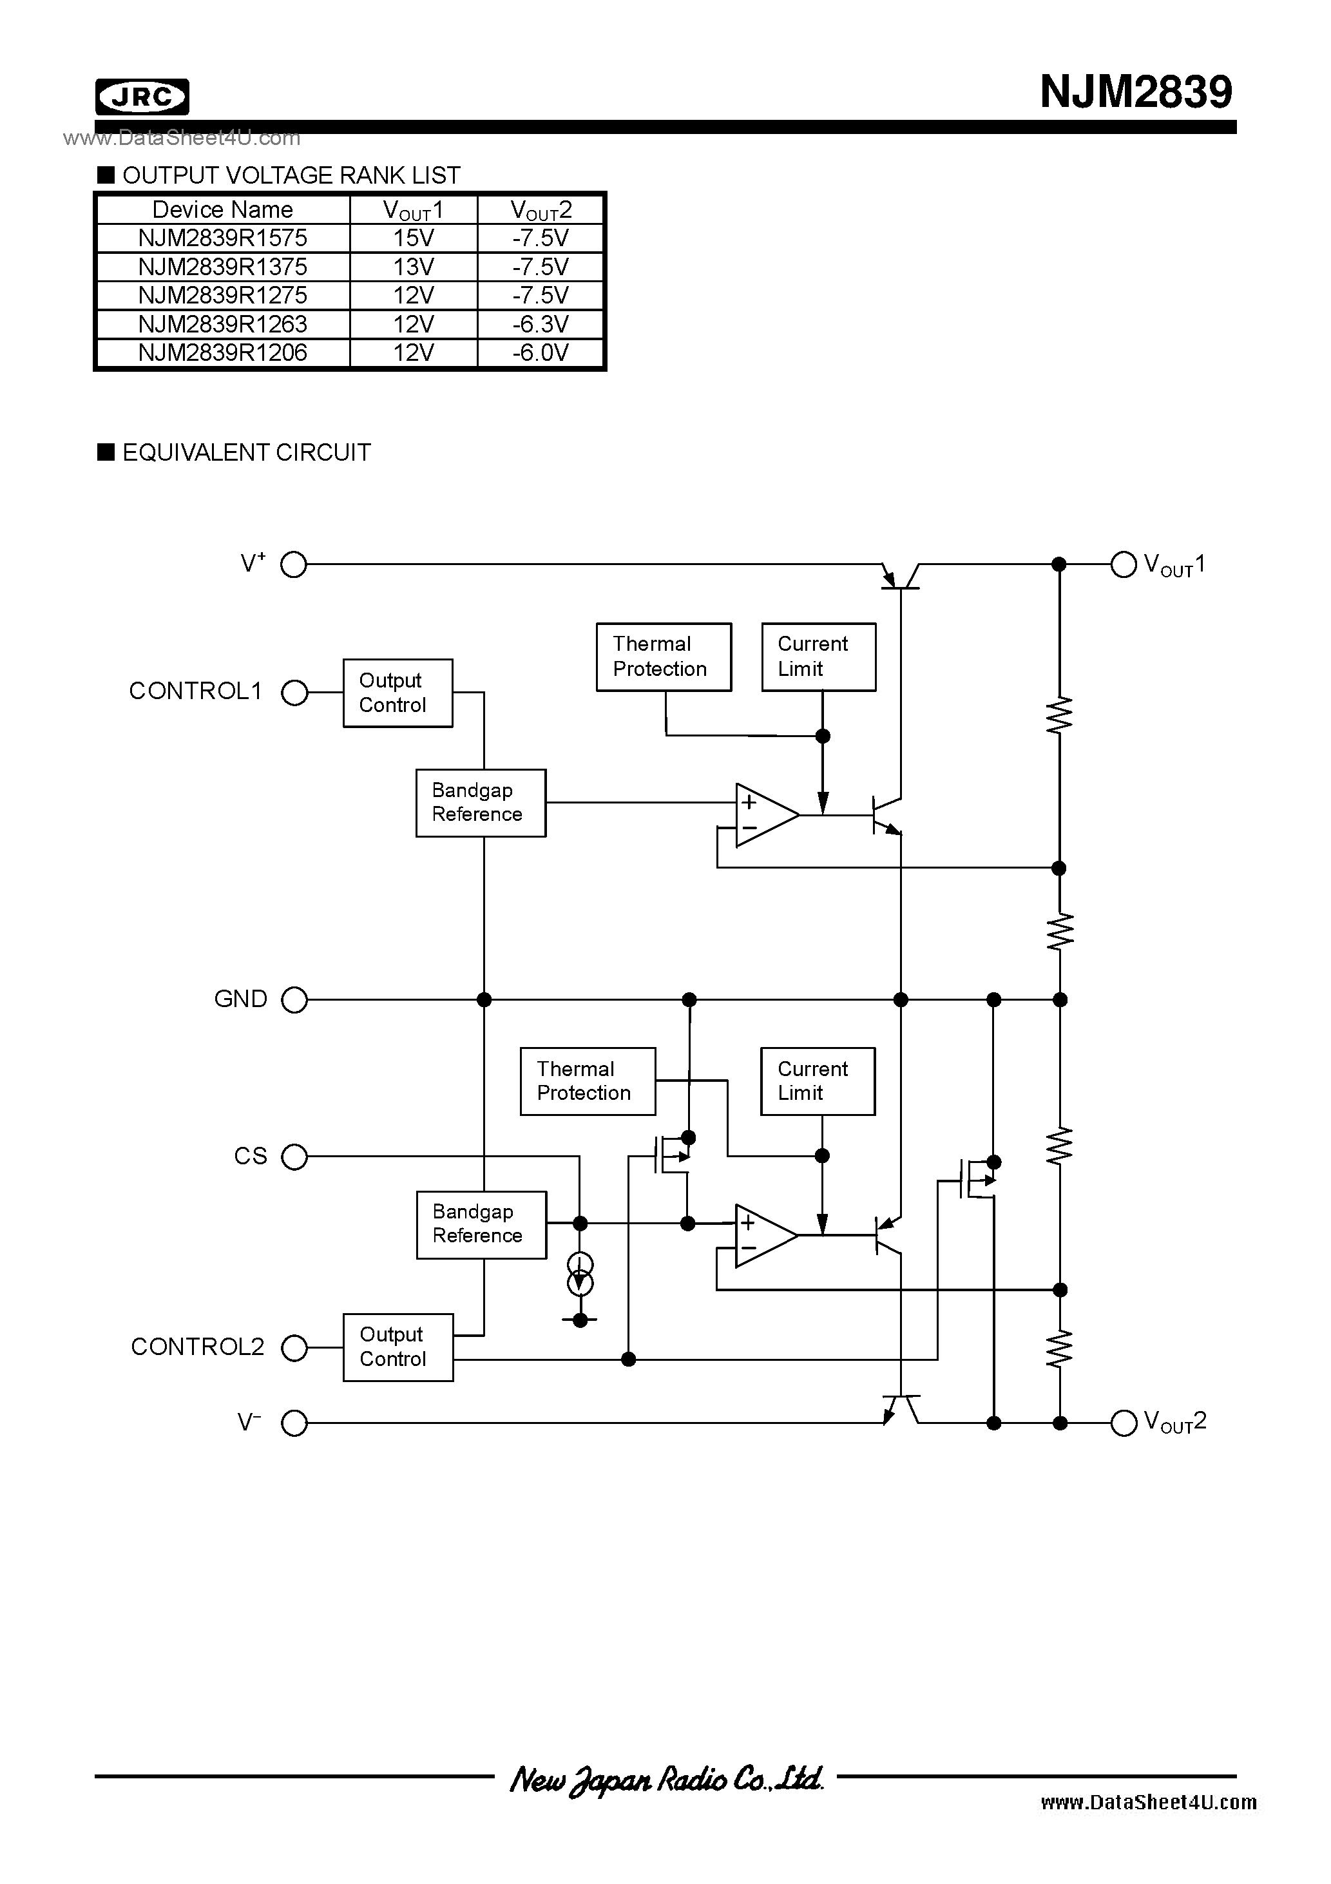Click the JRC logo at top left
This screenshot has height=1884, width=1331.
pyautogui.click(x=142, y=97)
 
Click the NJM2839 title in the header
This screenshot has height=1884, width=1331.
pyautogui.click(x=1135, y=92)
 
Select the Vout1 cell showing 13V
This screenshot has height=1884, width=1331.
pyautogui.click(x=413, y=267)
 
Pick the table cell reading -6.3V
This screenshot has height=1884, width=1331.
pyautogui.click(x=540, y=324)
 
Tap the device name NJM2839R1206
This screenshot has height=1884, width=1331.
pyautogui.click(x=222, y=353)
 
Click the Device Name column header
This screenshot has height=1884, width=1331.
pyautogui.click(x=222, y=209)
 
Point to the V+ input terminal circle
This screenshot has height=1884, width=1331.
pyautogui.click(x=294, y=564)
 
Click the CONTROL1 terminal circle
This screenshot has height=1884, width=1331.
pyautogui.click(x=294, y=693)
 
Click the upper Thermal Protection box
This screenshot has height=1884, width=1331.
pyautogui.click(x=663, y=657)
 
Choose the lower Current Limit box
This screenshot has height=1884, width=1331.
pyautogui.click(x=818, y=1081)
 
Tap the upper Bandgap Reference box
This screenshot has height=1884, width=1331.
pyautogui.click(x=480, y=803)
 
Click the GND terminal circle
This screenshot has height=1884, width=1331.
pyautogui.click(x=294, y=999)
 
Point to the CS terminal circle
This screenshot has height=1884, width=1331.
pyautogui.click(x=294, y=1157)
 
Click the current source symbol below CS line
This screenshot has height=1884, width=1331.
pyautogui.click(x=580, y=1274)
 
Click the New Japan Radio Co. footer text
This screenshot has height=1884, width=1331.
pyautogui.click(x=665, y=1779)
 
